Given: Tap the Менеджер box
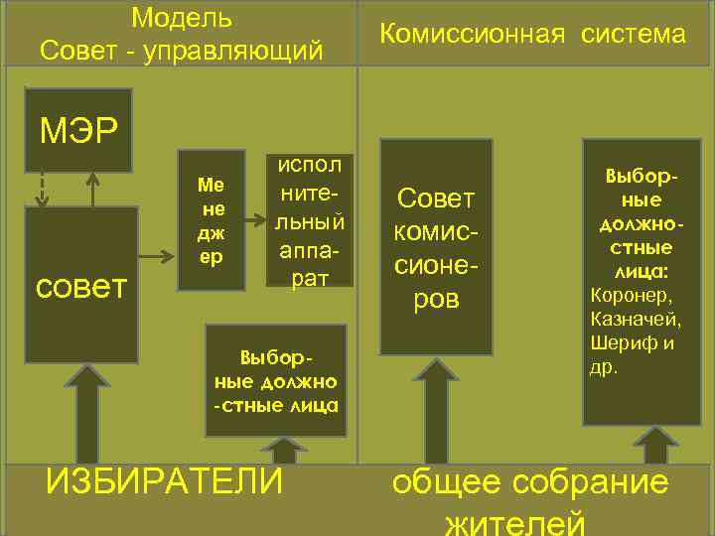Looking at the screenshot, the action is [x=211, y=220].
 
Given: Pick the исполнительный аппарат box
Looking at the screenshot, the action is [x=310, y=220].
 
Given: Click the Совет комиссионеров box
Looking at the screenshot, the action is [x=436, y=247].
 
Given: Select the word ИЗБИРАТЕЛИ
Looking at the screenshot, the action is [x=164, y=482].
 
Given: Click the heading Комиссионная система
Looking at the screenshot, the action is [x=533, y=35].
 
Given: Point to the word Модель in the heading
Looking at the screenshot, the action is [x=182, y=17].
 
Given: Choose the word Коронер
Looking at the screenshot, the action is [x=630, y=295].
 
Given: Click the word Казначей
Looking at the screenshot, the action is [x=635, y=319].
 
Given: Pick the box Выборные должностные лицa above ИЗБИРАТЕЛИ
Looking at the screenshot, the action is [x=275, y=380].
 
